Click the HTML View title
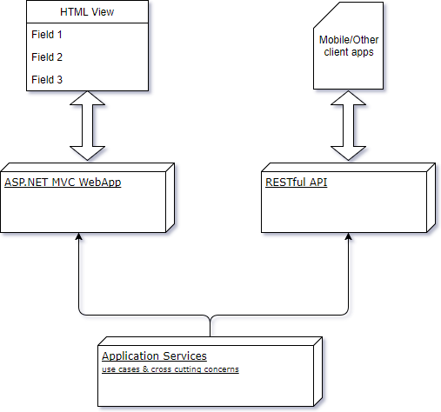(x=86, y=13)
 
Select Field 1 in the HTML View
(x=47, y=36)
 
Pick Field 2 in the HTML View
(x=47, y=57)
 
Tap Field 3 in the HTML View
(x=47, y=79)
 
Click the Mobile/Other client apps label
(x=348, y=45)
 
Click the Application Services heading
(x=154, y=356)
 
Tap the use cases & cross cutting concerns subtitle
(x=170, y=369)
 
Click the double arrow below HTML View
(x=86, y=128)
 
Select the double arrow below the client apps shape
(x=348, y=128)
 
